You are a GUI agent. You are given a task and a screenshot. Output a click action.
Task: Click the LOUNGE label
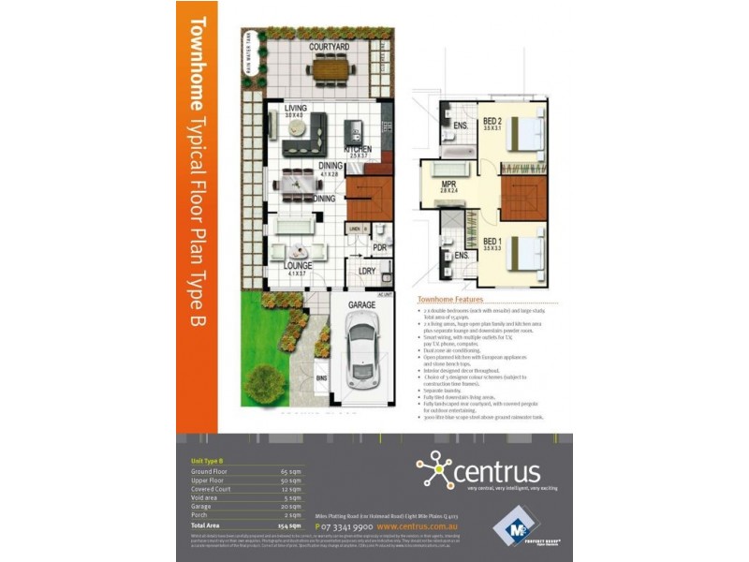point(298,265)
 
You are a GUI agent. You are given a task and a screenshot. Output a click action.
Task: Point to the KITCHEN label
point(357,149)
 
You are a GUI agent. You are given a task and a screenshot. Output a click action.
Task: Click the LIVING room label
point(296,109)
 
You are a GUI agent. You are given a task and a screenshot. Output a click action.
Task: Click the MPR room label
point(448,185)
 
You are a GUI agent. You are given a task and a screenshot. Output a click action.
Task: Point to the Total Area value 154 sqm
point(290,526)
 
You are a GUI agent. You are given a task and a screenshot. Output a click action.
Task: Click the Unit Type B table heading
point(208,461)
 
